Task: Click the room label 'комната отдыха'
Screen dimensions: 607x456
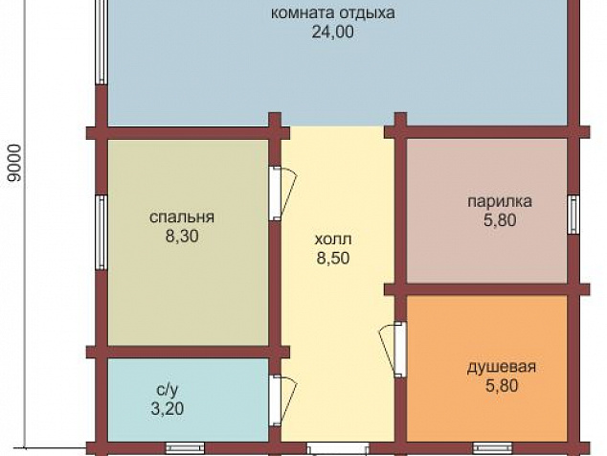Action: [x=332, y=13]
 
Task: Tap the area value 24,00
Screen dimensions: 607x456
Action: [x=333, y=33]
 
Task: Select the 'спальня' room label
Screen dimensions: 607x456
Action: [x=182, y=217]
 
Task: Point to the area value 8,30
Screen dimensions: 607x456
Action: [x=182, y=236]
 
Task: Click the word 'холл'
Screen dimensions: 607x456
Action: [x=333, y=239]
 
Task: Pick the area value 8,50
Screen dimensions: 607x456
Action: [x=333, y=258]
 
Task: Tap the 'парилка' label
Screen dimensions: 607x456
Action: [x=500, y=202]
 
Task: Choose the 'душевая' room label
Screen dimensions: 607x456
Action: [x=502, y=367]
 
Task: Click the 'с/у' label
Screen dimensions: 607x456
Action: [x=168, y=390]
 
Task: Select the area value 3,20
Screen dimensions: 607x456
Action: [x=168, y=409]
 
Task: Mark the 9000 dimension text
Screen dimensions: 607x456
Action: [x=14, y=163]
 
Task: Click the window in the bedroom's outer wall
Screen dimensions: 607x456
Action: [x=101, y=232]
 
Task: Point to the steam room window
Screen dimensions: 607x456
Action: [x=573, y=215]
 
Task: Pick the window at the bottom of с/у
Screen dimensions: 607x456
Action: [x=186, y=448]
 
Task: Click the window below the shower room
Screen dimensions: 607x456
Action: [x=492, y=448]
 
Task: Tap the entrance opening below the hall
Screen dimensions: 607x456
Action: [x=338, y=449]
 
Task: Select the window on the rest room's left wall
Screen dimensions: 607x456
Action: [x=101, y=42]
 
